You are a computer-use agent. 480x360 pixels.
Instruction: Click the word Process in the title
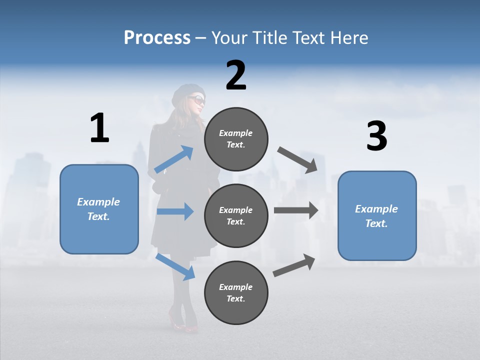point(157,37)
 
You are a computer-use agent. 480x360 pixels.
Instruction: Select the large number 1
point(99,128)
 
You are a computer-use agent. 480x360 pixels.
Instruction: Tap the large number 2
point(236,75)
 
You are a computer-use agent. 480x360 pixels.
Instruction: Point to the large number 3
point(376,136)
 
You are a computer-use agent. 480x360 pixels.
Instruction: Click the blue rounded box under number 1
point(99,209)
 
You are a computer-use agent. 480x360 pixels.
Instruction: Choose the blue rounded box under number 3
point(377,215)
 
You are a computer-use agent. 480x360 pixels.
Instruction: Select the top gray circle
point(236,138)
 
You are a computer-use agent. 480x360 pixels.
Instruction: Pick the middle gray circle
point(236,215)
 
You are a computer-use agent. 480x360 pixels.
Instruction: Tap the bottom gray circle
point(236,292)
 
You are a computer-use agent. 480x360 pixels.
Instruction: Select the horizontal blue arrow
point(175,211)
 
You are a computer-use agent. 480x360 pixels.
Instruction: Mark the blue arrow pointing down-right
point(175,266)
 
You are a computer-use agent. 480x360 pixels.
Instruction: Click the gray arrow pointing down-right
point(297,159)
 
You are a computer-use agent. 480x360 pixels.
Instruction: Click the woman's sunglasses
point(198,99)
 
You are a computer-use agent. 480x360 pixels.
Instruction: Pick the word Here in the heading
point(349,37)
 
